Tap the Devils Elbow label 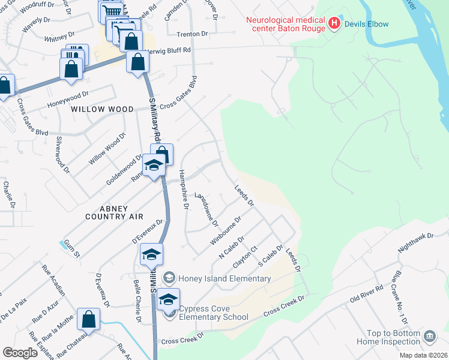pyautogui.click(x=366, y=24)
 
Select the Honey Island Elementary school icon pyautogui.click(x=169, y=277)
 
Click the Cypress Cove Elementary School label pyautogui.click(x=214, y=313)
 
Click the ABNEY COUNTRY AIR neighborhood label pyautogui.click(x=115, y=212)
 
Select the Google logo pyautogui.click(x=20, y=353)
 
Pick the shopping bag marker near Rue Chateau pyautogui.click(x=89, y=320)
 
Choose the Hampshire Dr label pyautogui.click(x=185, y=187)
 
